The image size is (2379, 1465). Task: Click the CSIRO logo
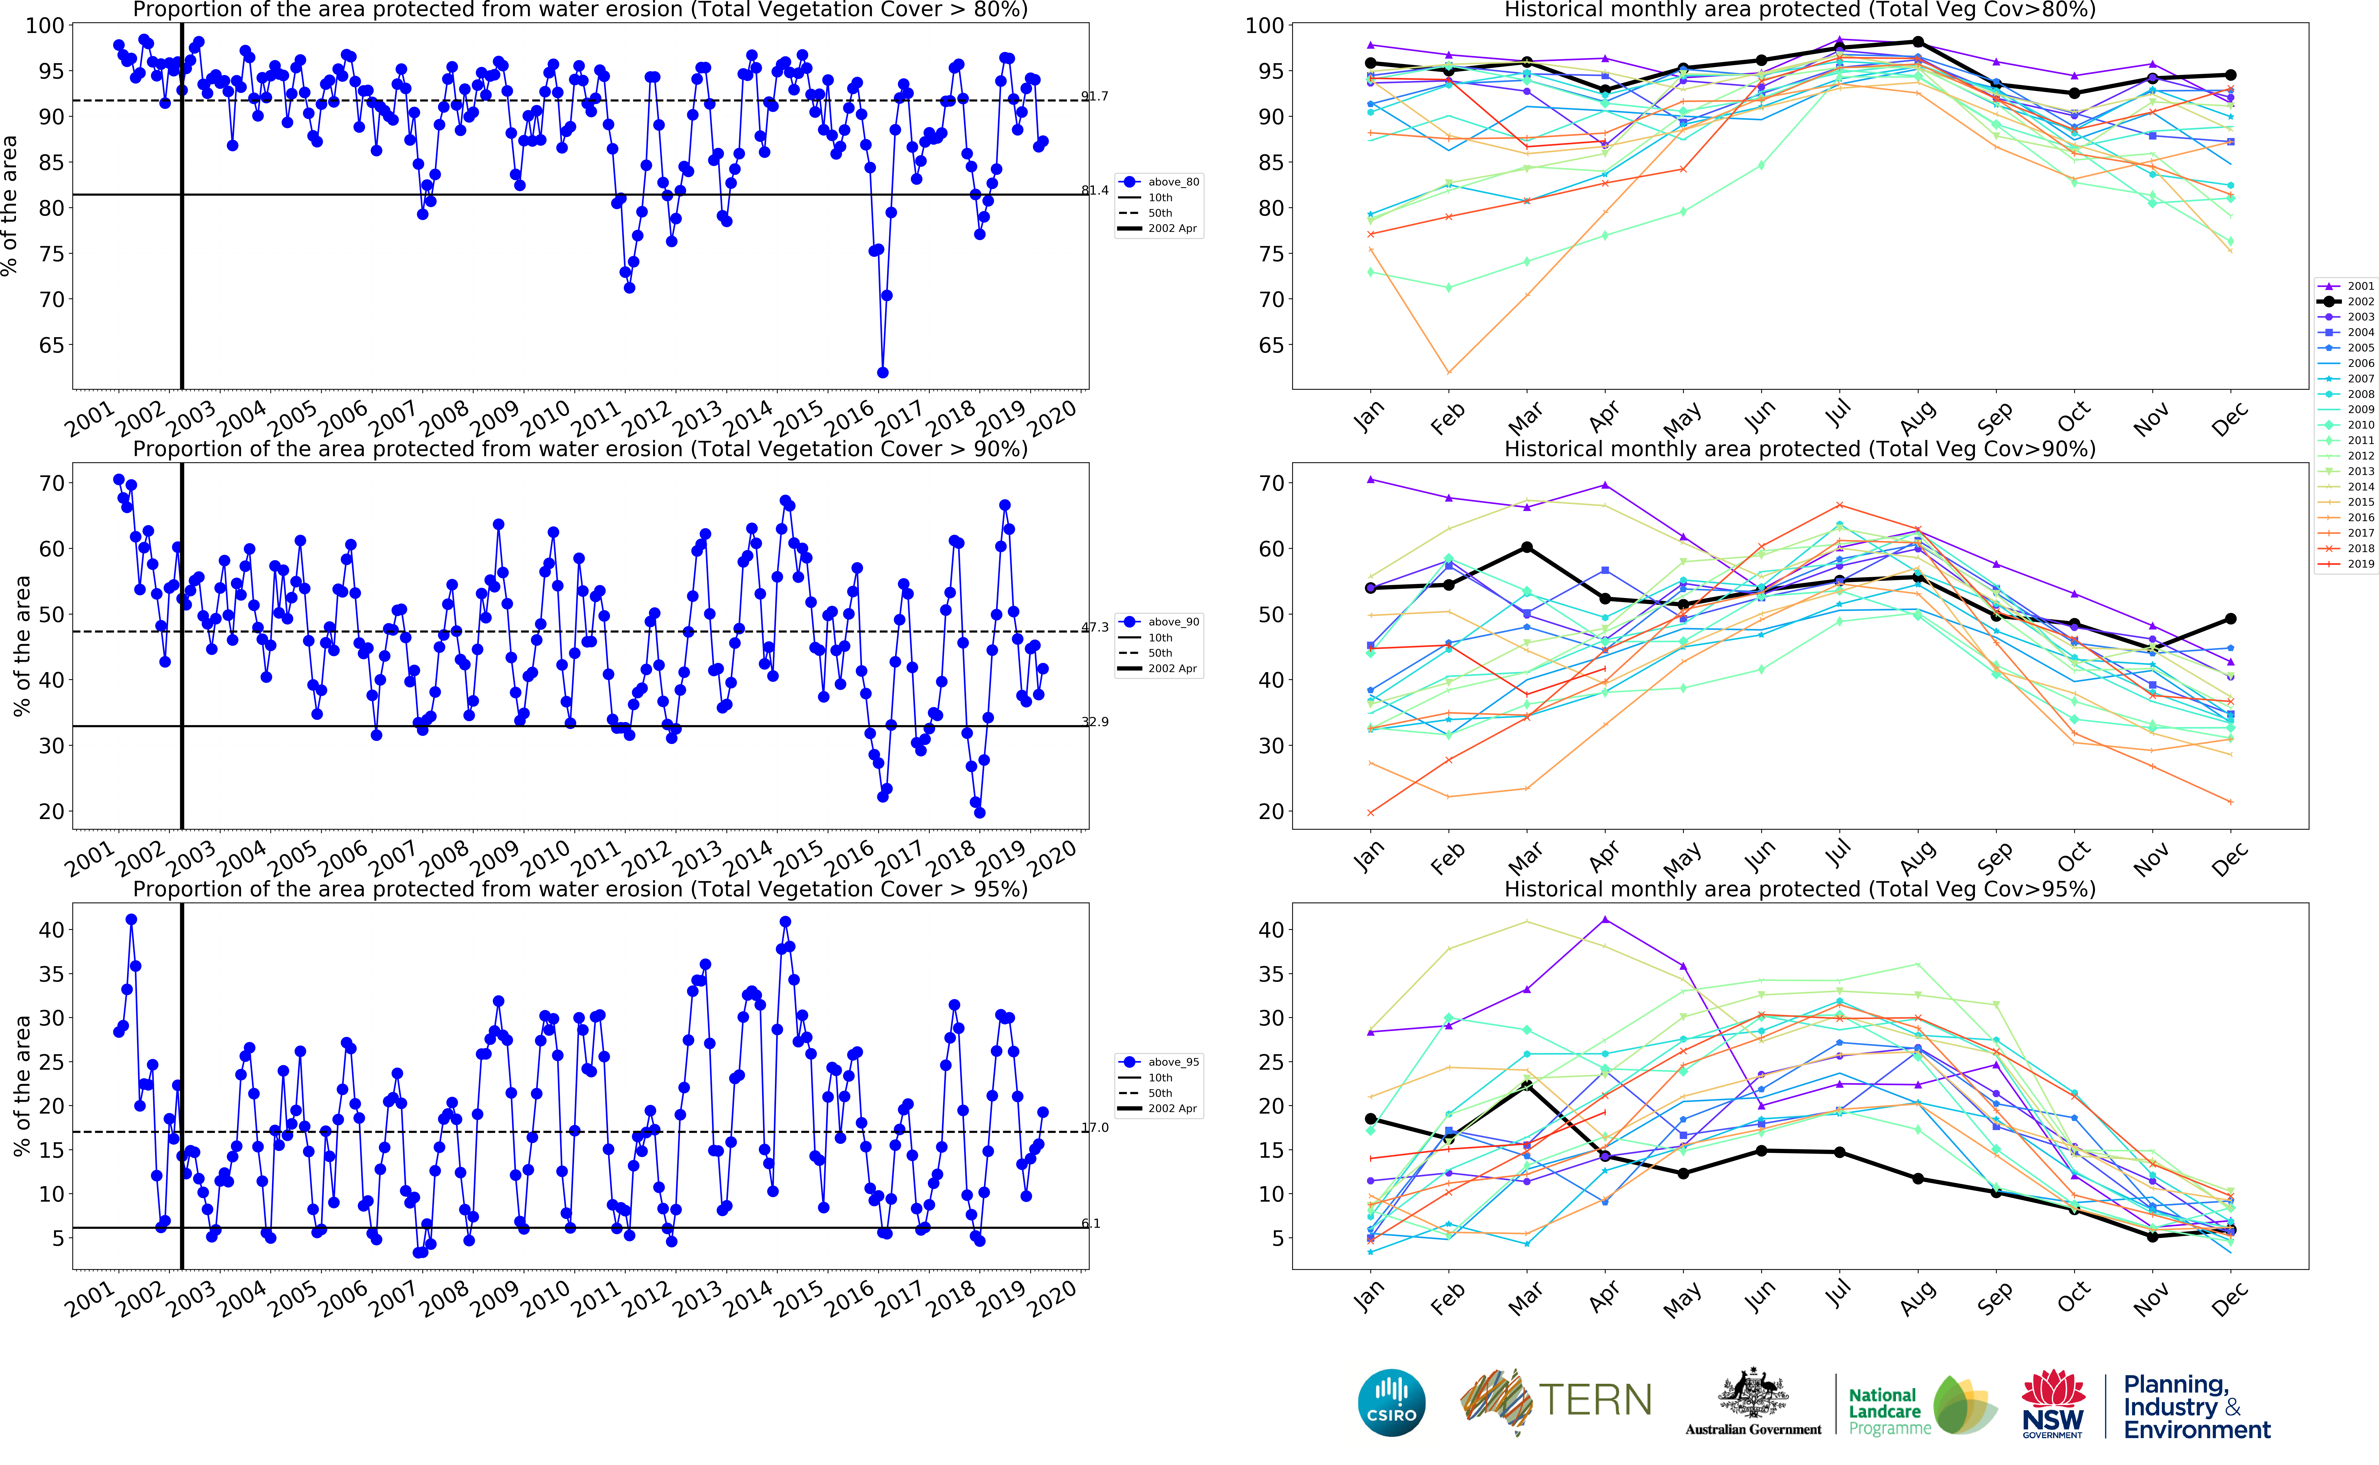pyautogui.click(x=1392, y=1402)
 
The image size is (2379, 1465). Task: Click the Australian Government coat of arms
pyautogui.click(x=1753, y=1395)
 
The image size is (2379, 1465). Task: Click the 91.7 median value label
pyautogui.click(x=1095, y=96)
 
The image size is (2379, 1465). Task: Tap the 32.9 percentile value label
pyautogui.click(x=1095, y=722)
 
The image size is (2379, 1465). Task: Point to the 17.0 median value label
pyautogui.click(x=1095, y=1128)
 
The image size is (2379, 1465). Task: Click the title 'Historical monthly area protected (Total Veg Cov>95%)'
pyautogui.click(x=1800, y=890)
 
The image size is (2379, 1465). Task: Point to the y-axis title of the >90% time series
pyautogui.click(x=21, y=646)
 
